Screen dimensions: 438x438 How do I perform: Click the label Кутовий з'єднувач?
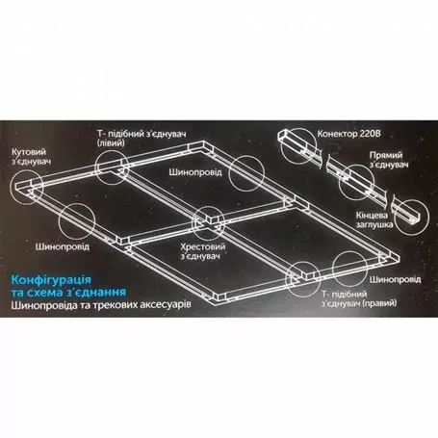point(28,158)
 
